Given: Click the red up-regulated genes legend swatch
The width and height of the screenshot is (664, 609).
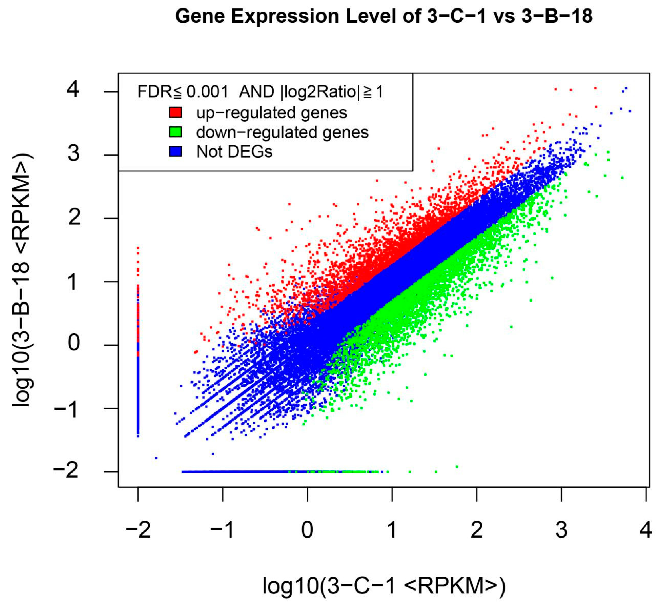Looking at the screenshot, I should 175,112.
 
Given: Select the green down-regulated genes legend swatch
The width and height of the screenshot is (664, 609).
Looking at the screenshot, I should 175,132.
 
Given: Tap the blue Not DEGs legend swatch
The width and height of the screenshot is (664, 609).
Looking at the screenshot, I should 175,151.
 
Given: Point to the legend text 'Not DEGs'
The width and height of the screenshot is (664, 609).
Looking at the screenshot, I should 234,152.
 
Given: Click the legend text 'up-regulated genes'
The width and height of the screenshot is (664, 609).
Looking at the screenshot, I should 271,113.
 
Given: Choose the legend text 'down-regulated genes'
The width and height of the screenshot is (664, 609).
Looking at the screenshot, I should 282,132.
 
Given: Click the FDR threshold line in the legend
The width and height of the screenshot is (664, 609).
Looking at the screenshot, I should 260,92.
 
